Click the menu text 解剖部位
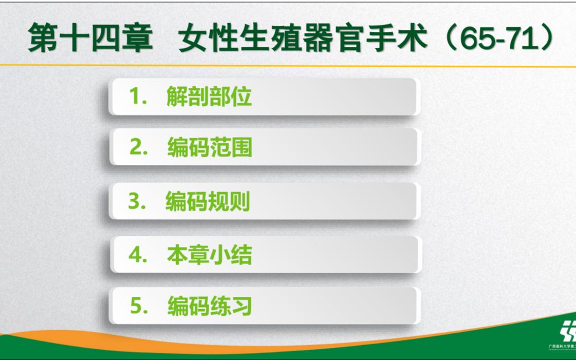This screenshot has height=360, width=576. point(209,96)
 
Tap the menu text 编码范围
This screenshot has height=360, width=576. point(210,148)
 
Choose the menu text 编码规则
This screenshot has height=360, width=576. point(208,202)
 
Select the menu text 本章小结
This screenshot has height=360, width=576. point(210,255)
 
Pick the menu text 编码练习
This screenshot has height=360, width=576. point(210,307)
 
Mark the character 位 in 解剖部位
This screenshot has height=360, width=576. point(241,96)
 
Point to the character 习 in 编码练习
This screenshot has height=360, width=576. point(241,307)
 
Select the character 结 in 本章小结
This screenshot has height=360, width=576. point(241,255)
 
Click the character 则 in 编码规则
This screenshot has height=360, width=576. point(239,202)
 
